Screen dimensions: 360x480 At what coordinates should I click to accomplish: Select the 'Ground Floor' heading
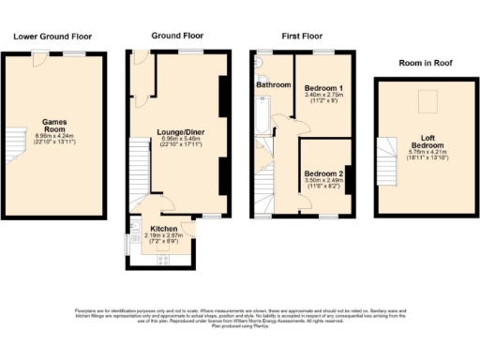point(178,36)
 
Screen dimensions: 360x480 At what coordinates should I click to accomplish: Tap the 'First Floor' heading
point(301,36)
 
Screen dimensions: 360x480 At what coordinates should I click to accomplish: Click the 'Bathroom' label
point(274,85)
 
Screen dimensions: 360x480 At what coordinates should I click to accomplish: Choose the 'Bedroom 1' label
point(322,88)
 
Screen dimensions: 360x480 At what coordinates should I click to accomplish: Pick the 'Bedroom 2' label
point(322,174)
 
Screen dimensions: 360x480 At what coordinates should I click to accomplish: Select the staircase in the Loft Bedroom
point(387,159)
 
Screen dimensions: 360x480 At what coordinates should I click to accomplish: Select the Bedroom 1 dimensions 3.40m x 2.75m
point(322,96)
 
